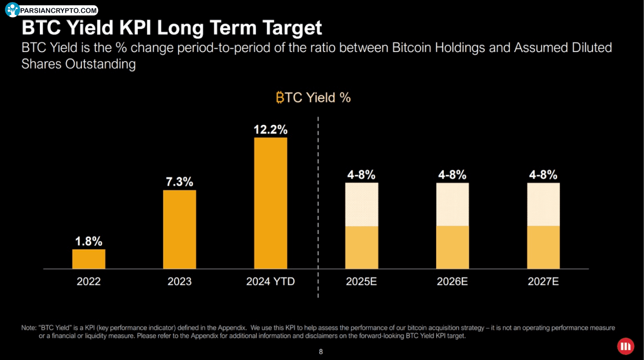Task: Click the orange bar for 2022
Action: (x=88, y=259)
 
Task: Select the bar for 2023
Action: (x=179, y=229)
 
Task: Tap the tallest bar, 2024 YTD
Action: (x=270, y=203)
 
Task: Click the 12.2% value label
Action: (x=270, y=130)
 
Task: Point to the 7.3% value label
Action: (x=179, y=182)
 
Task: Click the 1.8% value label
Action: (x=88, y=241)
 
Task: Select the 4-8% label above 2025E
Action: (x=361, y=175)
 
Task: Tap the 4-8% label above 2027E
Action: (x=543, y=175)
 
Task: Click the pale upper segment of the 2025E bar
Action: (x=361, y=205)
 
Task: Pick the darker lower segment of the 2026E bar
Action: (x=452, y=247)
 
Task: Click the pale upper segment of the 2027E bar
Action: (x=543, y=205)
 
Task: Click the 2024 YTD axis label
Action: (x=270, y=281)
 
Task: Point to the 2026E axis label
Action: (x=452, y=281)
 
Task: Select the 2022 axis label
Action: (x=88, y=281)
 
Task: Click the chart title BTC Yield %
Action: (x=313, y=98)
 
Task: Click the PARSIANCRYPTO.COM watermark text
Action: (x=58, y=10)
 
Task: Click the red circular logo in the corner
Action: (x=625, y=346)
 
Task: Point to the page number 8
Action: (x=321, y=352)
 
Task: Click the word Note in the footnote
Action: (x=28, y=328)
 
